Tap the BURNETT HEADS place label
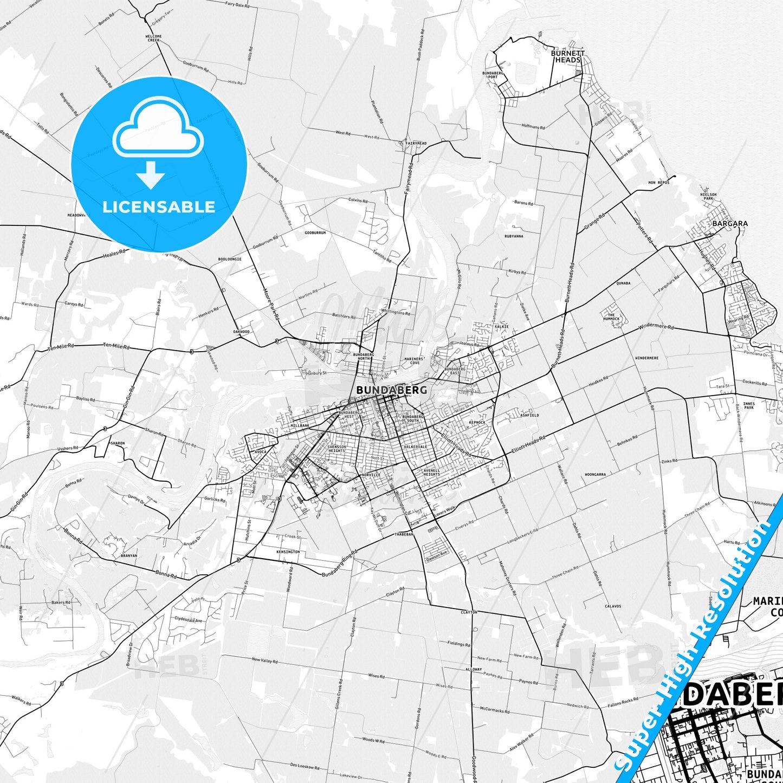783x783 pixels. pos(567,56)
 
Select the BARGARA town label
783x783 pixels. pos(729,223)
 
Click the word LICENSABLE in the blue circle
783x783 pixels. pos(159,206)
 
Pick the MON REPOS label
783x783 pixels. pos(658,183)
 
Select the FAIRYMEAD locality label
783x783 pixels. pos(416,143)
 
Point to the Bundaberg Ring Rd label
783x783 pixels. pos(337,566)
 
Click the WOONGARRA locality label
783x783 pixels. pos(595,474)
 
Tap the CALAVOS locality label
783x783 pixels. pos(613,606)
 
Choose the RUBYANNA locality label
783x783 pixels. pos(514,236)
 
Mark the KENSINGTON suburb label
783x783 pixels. pos(288,552)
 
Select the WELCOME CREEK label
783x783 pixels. pos(153,38)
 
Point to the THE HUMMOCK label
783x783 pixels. pos(611,316)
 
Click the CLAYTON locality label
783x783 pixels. pos(468,612)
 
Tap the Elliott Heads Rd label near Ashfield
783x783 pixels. pos(528,445)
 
